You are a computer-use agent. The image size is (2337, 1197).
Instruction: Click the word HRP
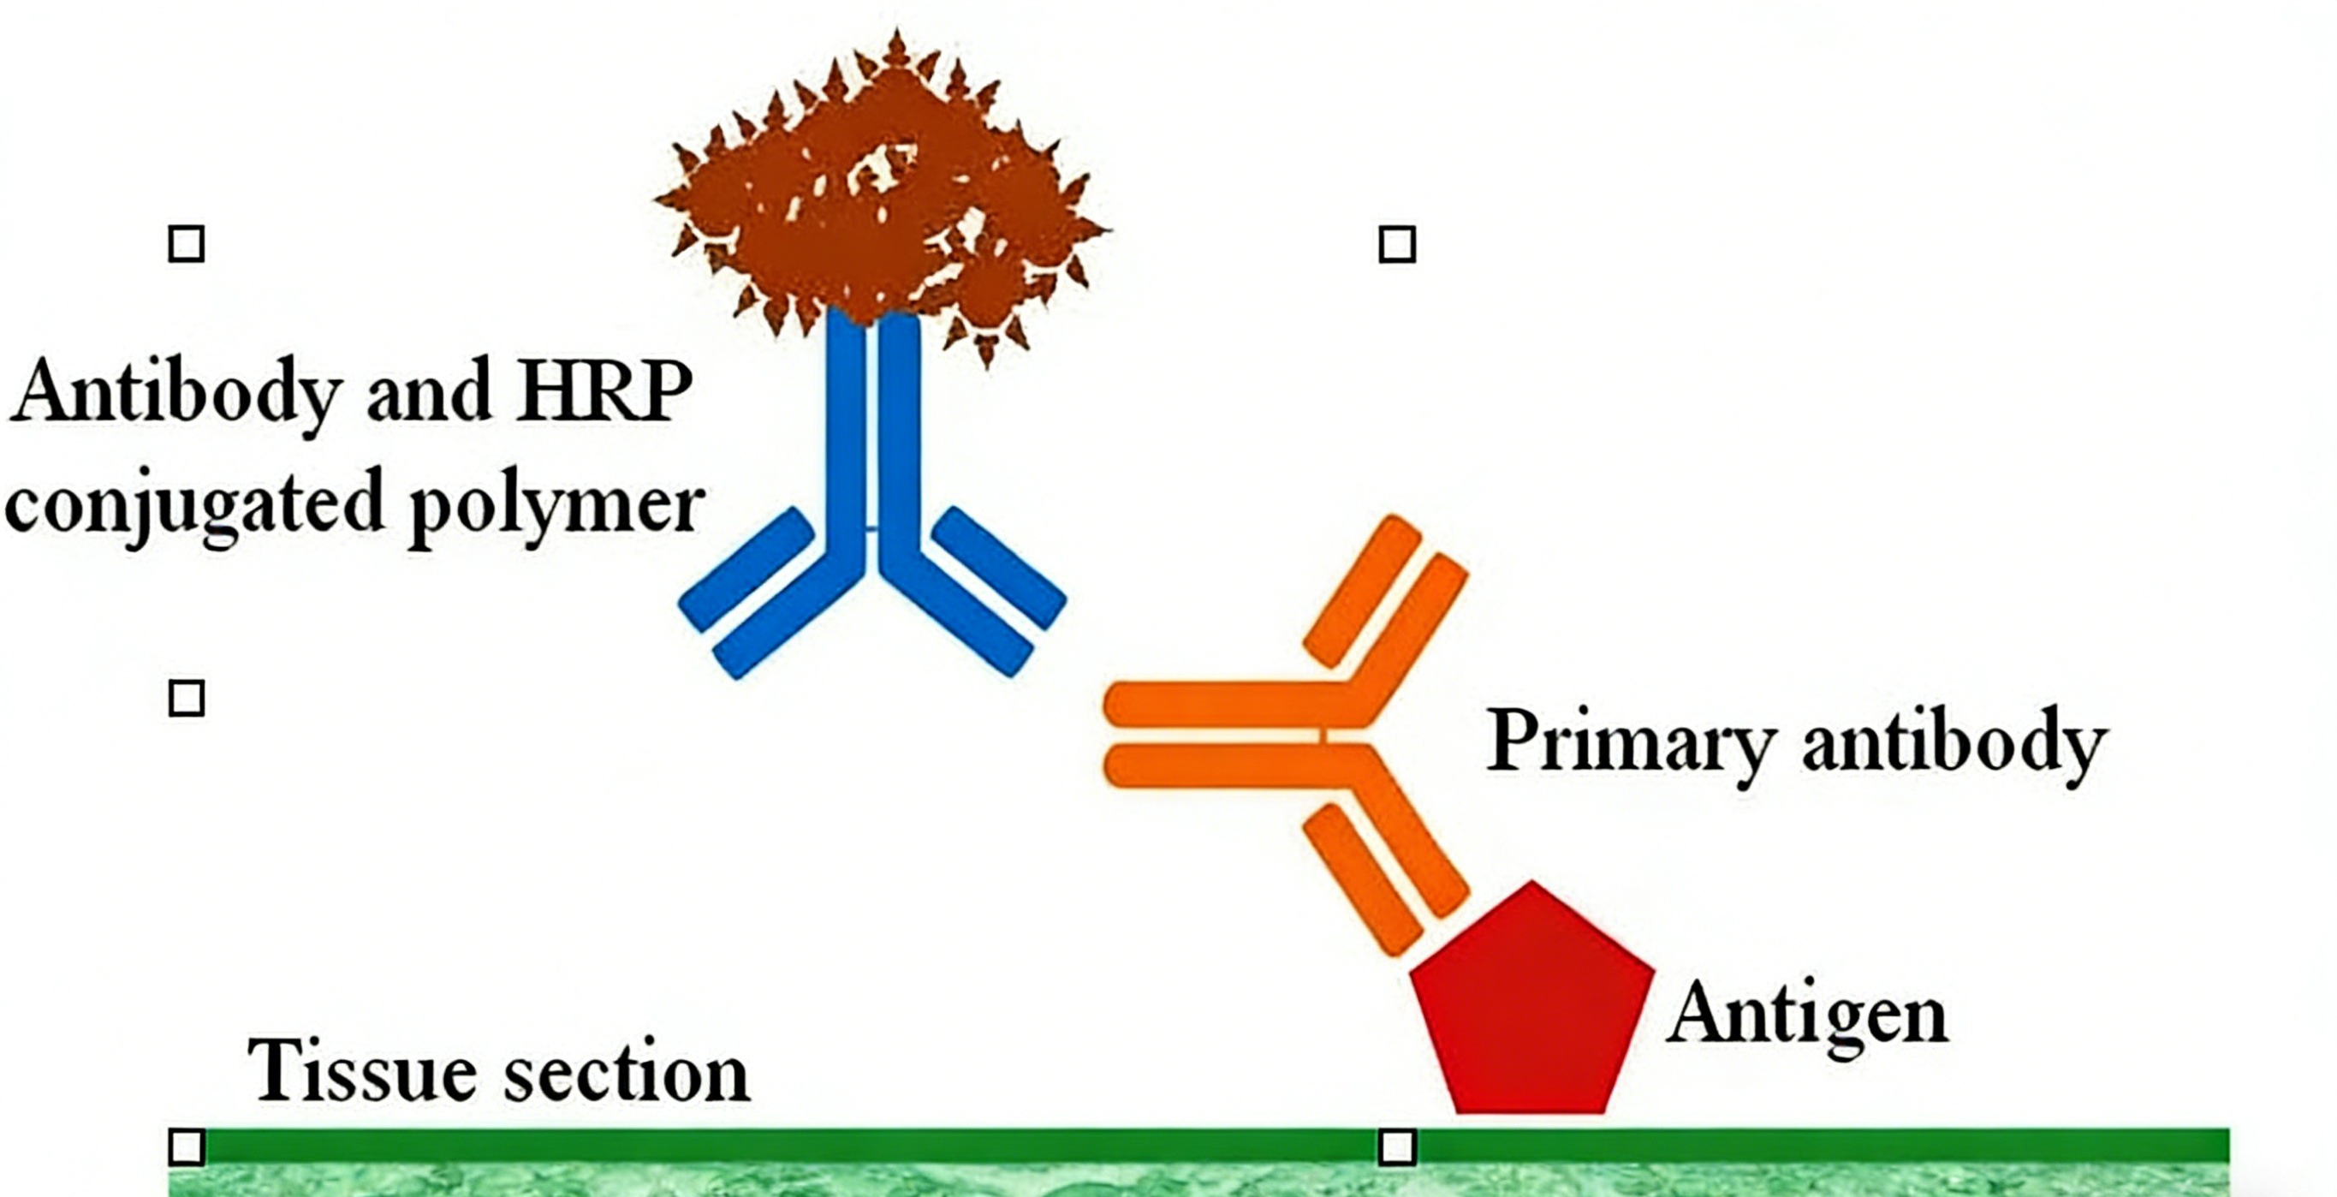(603, 392)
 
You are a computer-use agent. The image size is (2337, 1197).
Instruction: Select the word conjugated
(195, 504)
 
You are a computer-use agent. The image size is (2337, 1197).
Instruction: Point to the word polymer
(556, 504)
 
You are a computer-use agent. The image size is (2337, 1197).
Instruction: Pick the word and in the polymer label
(429, 392)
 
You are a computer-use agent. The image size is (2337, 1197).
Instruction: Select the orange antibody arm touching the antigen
(1388, 871)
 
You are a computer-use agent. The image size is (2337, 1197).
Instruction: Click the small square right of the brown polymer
(1397, 244)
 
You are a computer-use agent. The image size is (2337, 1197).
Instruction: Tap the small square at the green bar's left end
(187, 1147)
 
